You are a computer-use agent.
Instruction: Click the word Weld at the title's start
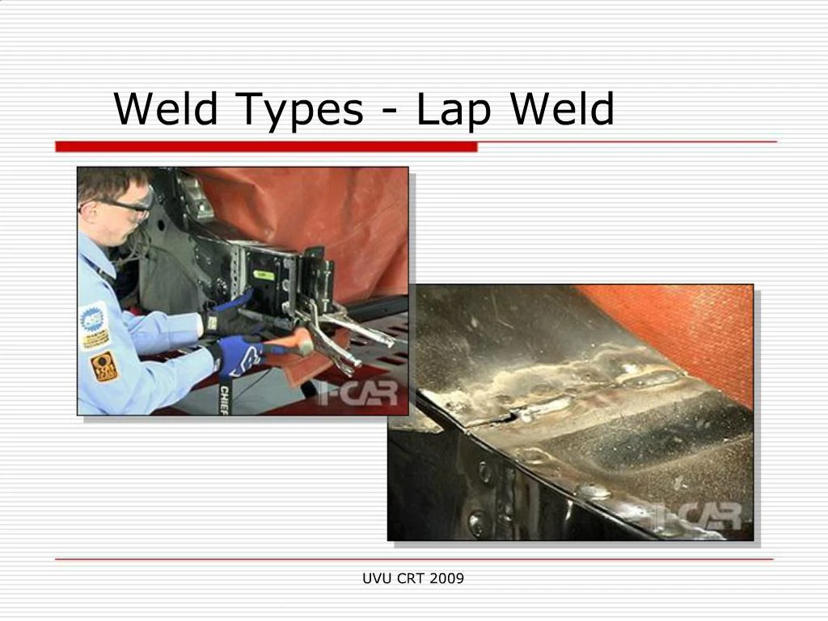(x=166, y=109)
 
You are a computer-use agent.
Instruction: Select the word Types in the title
(x=301, y=111)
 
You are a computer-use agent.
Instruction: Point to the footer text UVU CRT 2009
(x=413, y=578)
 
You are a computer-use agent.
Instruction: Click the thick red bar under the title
(x=267, y=146)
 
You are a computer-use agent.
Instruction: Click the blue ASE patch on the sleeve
(x=94, y=323)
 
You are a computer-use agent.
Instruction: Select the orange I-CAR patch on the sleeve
(x=103, y=366)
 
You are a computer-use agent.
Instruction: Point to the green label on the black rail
(x=264, y=275)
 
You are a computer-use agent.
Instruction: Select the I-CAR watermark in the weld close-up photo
(x=701, y=516)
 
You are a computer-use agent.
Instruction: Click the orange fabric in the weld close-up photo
(x=695, y=323)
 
